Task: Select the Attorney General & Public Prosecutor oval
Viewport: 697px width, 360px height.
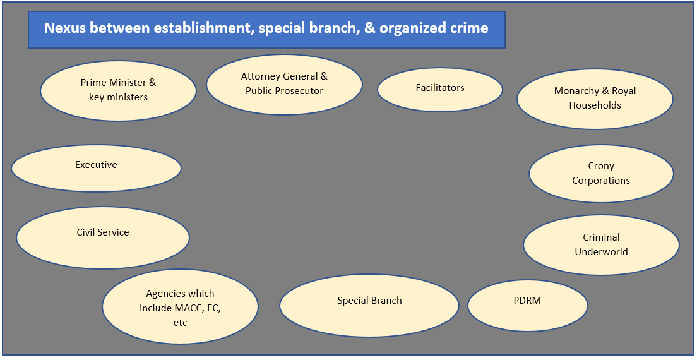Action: click(284, 84)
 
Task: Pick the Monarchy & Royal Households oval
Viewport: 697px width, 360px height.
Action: click(595, 99)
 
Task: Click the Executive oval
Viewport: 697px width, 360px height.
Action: click(96, 168)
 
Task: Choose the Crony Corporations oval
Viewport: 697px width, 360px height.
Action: click(601, 174)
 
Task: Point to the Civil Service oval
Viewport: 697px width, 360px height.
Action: click(103, 237)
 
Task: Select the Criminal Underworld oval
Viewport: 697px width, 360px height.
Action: click(601, 245)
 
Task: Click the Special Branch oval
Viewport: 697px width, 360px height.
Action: click(369, 306)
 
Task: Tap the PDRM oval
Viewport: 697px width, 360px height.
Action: click(528, 306)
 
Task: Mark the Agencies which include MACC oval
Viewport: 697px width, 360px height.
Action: click(180, 308)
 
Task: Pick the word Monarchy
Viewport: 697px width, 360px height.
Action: click(576, 91)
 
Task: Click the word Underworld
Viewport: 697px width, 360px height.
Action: click(601, 252)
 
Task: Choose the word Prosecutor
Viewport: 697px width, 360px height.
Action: click(298, 91)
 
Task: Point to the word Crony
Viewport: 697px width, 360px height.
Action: click(601, 166)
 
